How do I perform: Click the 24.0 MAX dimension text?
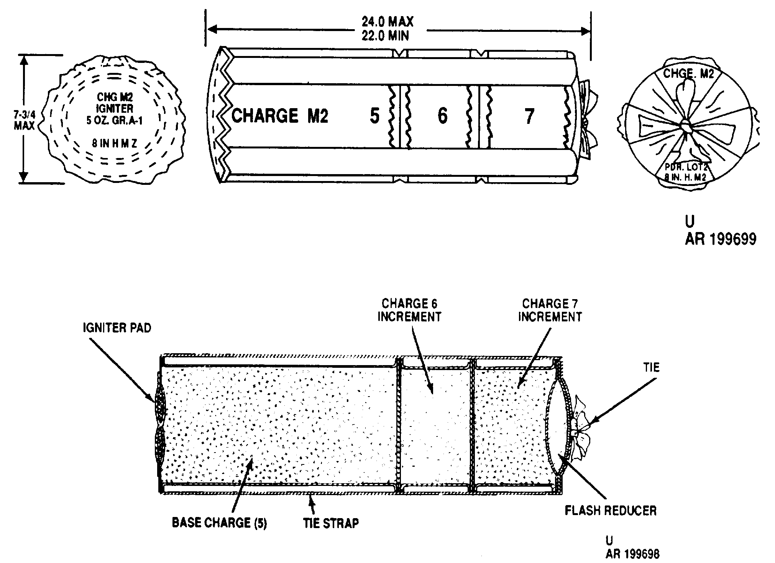click(387, 21)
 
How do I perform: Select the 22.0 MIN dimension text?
click(385, 36)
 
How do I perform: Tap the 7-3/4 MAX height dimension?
click(24, 119)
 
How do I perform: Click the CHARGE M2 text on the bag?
click(280, 116)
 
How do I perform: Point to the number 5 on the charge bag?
click(374, 116)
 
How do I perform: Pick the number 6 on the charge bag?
click(442, 115)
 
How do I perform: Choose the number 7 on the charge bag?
click(529, 116)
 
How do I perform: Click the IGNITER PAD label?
click(117, 328)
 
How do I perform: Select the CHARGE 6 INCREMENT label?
click(409, 310)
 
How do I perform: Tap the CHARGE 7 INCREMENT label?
click(550, 310)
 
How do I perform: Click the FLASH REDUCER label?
click(611, 510)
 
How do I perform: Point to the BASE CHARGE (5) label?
click(219, 523)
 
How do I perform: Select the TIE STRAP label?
click(331, 523)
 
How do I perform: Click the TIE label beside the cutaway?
click(652, 367)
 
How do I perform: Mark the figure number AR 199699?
click(720, 239)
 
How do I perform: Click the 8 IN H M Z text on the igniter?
click(114, 144)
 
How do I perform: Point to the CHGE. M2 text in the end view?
click(689, 73)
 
